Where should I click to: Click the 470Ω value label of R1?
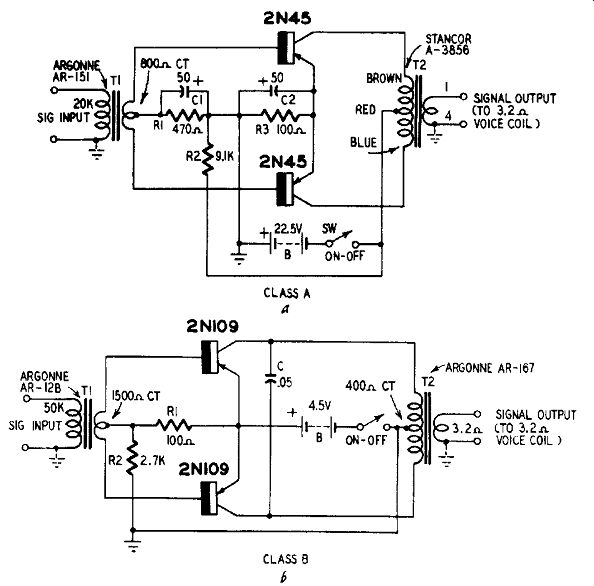click(x=188, y=129)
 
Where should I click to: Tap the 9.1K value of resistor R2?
click(x=225, y=156)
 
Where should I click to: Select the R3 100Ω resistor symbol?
click(x=280, y=115)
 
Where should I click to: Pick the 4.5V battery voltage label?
click(x=319, y=406)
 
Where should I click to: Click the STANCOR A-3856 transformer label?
click(x=448, y=44)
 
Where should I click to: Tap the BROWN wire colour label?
click(x=384, y=78)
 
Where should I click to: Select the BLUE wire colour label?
click(x=363, y=142)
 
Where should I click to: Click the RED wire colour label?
click(x=365, y=110)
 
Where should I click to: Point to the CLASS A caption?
click(x=287, y=293)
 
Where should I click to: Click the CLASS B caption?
click(x=286, y=559)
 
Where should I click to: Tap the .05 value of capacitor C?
click(x=285, y=383)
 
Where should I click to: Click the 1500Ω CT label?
click(x=136, y=396)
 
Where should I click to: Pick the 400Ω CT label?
click(x=370, y=386)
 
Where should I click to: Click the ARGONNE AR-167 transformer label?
click(x=490, y=367)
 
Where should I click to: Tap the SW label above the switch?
click(x=329, y=229)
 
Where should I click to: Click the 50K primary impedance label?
click(x=54, y=408)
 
